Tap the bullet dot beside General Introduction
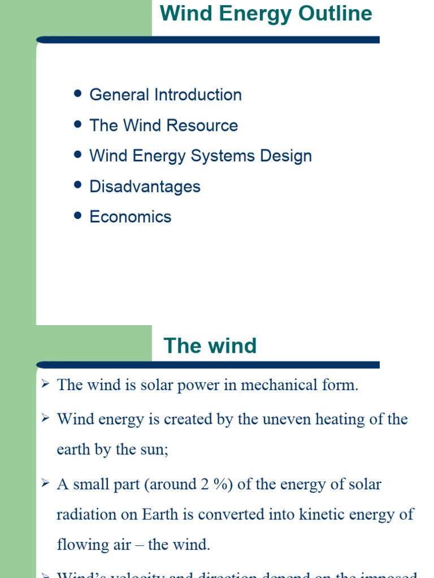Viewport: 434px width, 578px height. pos(79,93)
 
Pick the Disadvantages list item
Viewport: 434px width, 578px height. pos(145,186)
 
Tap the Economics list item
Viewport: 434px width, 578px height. pos(131,217)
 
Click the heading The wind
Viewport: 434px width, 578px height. pos(210,345)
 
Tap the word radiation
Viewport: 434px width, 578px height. pos(87,514)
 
